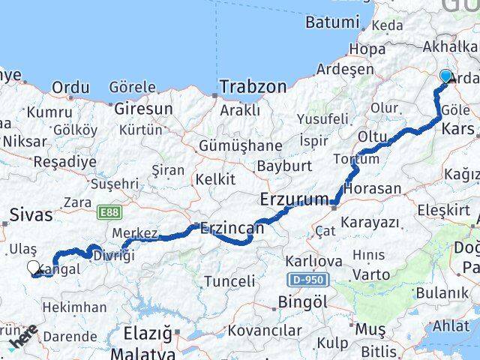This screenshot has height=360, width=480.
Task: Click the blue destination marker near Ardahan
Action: pyautogui.click(x=446, y=76)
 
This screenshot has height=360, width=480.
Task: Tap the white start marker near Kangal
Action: pyautogui.click(x=33, y=268)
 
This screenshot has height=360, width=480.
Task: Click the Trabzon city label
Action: pyautogui.click(x=253, y=87)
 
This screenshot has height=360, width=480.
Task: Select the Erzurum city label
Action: pyautogui.click(x=294, y=199)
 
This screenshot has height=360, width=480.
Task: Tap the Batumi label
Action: pyautogui.click(x=332, y=22)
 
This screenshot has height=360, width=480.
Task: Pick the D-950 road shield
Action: pyautogui.click(x=307, y=279)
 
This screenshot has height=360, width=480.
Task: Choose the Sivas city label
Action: pyautogui.click(x=31, y=216)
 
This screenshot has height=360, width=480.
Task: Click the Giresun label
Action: pyautogui.click(x=143, y=109)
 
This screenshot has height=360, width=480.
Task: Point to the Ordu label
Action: pyautogui.click(x=70, y=88)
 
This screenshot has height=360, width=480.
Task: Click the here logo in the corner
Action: pyautogui.click(x=22, y=342)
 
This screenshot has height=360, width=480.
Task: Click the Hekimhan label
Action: pyautogui.click(x=74, y=307)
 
